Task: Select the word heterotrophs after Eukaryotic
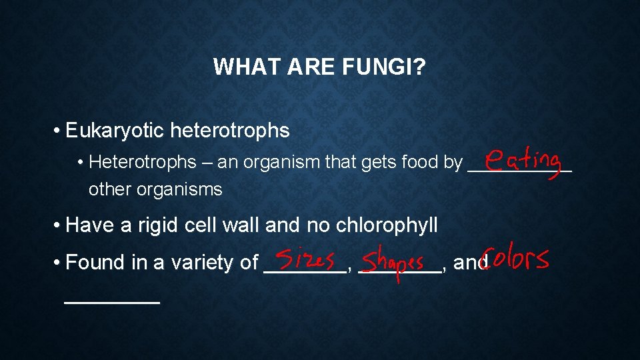click(230, 131)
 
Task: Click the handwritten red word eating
click(523, 162)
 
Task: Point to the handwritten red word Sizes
click(305, 259)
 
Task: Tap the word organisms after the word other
click(179, 189)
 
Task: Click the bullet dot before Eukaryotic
click(59, 131)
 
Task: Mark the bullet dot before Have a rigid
click(59, 225)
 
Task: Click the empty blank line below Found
click(112, 301)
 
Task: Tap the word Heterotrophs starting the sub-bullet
click(142, 162)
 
